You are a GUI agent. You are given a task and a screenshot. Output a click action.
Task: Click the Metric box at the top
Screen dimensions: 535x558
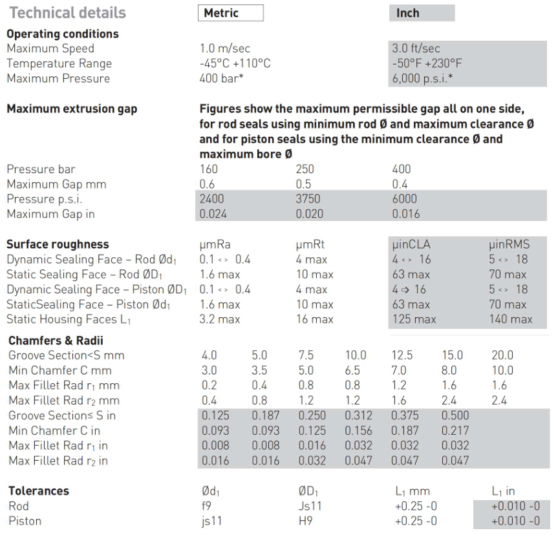point(231,13)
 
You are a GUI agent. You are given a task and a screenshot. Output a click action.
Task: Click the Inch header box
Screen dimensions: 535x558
point(422,13)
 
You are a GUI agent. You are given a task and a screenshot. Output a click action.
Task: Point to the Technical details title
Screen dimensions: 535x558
point(67,13)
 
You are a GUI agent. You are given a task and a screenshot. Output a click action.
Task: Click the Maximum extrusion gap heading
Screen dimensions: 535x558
point(72,109)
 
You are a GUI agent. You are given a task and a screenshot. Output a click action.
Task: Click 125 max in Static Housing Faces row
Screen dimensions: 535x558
point(414,319)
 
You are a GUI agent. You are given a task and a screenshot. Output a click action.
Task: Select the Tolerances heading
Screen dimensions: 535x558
point(38,491)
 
